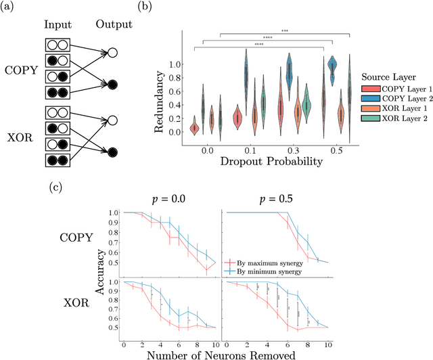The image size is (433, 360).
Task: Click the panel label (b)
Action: [x=164, y=8]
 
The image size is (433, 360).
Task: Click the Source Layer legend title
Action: [x=390, y=76]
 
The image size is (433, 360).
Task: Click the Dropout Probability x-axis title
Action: [x=271, y=162]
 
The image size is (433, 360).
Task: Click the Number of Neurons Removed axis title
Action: [x=223, y=353]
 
